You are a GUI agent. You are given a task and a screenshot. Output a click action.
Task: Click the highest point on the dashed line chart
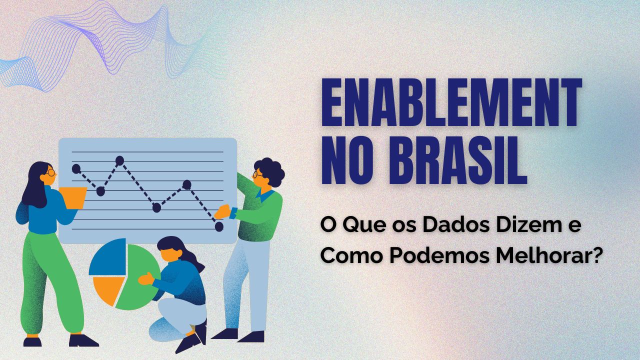coord(119,160)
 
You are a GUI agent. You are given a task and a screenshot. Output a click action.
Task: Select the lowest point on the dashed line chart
coord(219,226)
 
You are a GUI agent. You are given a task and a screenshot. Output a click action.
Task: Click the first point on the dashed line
coord(76,168)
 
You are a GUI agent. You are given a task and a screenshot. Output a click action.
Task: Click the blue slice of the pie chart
coord(106,257)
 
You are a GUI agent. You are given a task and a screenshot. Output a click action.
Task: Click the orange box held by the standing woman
coord(73,197)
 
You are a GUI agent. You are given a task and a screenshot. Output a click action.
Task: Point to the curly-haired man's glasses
coord(257,175)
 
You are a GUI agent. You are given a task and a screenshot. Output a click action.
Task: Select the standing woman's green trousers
coord(50,280)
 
